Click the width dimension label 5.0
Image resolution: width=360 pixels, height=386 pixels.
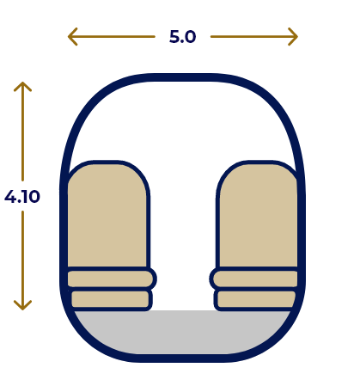click(182, 37)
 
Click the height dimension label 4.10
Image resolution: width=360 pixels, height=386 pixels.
click(22, 197)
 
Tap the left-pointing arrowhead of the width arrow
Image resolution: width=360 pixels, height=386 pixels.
click(72, 36)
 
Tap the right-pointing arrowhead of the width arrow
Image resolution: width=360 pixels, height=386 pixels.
click(293, 36)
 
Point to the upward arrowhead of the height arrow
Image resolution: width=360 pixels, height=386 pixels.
click(22, 87)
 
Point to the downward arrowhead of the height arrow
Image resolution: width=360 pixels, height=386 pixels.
click(22, 305)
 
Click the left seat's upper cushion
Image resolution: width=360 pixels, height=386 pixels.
click(111, 279)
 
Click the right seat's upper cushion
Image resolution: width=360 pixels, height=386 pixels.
click(255, 279)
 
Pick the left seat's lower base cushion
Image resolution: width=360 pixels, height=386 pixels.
click(111, 299)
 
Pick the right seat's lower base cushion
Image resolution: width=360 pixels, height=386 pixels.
click(256, 299)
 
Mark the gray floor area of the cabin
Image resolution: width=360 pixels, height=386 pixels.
click(182, 333)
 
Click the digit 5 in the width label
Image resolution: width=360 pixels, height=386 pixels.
click(174, 37)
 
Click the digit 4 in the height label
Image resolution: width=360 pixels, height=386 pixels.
click(10, 197)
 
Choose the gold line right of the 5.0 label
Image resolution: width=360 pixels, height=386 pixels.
click(254, 36)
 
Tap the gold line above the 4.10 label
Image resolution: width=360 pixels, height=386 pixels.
click(22, 132)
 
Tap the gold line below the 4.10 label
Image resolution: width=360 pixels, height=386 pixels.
click(22, 260)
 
